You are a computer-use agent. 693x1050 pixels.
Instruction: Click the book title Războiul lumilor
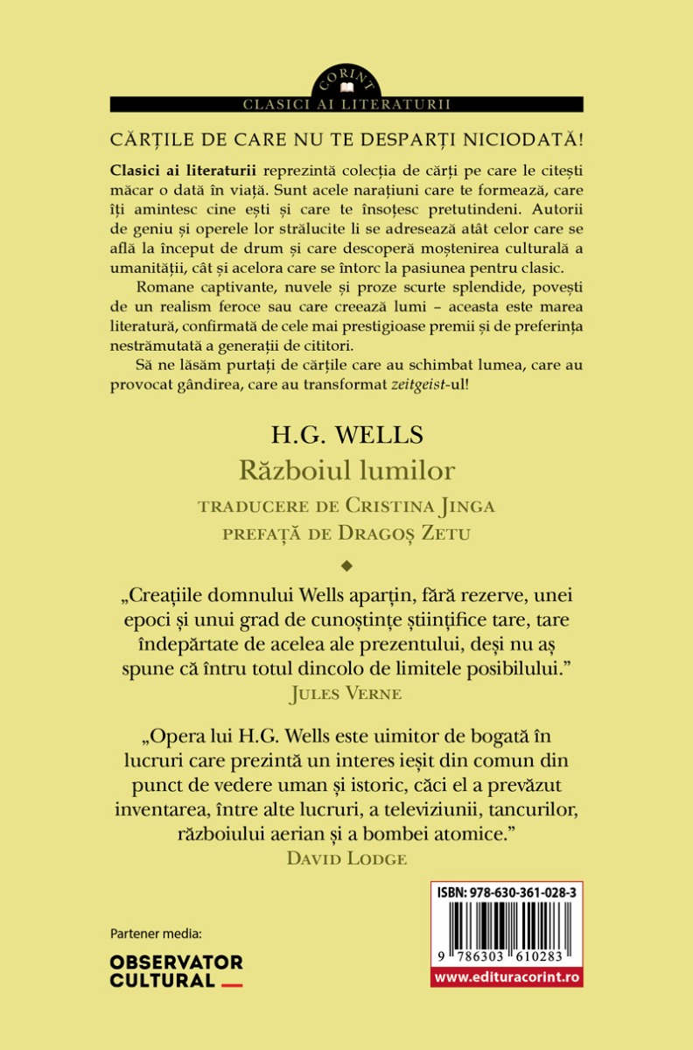[x=346, y=471]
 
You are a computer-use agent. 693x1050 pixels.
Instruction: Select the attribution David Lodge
[x=346, y=858]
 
